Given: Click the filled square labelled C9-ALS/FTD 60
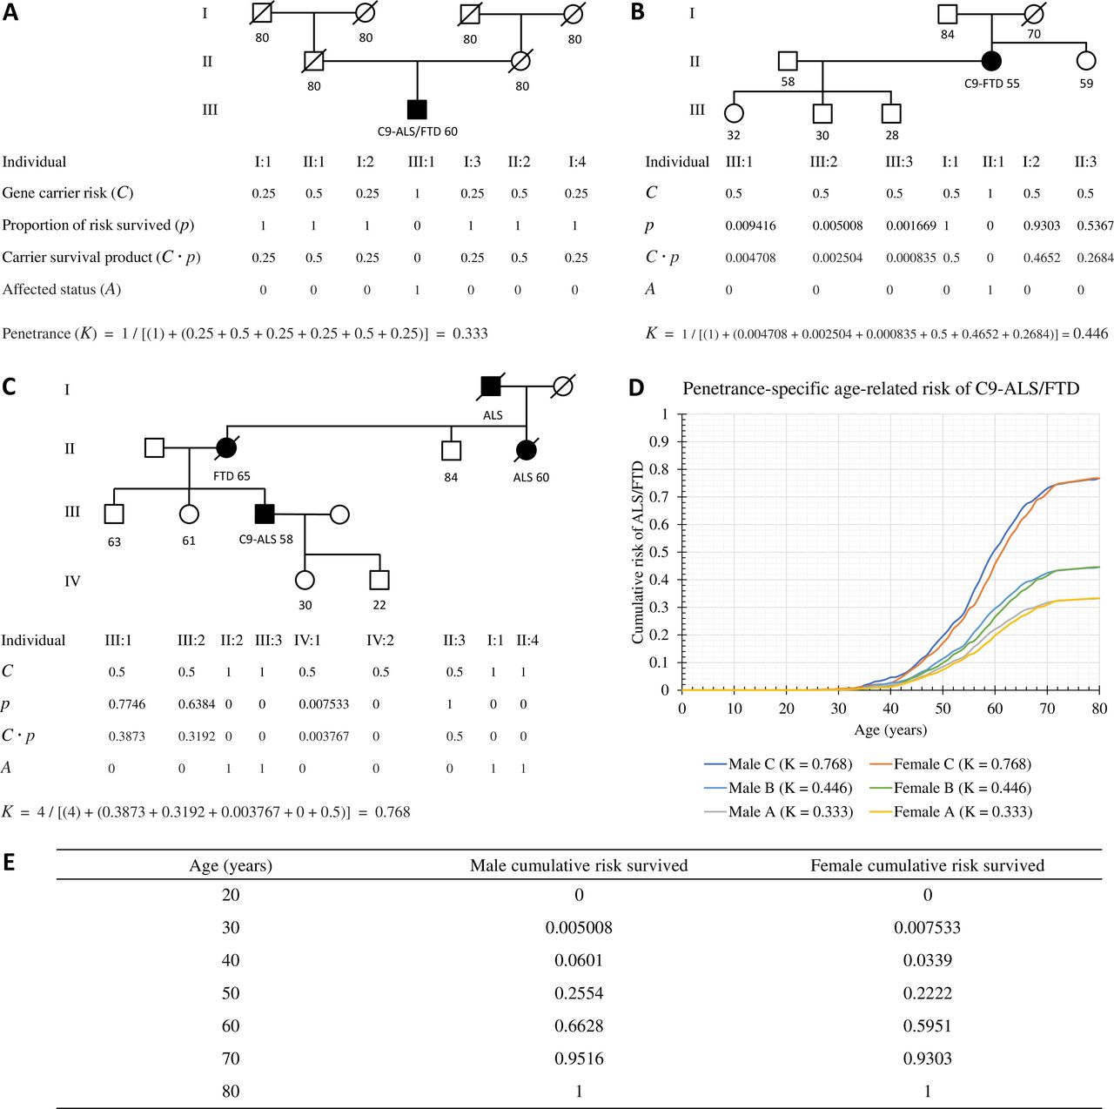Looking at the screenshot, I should point(417,109).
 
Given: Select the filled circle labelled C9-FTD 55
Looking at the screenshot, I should point(990,61).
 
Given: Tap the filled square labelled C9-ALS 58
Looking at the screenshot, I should point(265,514).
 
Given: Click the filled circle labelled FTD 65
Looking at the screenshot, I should point(226,448).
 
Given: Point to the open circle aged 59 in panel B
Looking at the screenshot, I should point(1085,61).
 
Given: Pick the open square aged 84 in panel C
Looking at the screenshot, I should point(451,450).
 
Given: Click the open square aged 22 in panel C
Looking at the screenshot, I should point(379,580).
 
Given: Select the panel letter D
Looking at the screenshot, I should point(637,387).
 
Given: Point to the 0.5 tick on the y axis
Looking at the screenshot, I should point(662,552).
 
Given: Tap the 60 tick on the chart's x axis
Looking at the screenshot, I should point(995,709).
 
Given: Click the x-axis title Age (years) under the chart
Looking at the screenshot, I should point(889,730).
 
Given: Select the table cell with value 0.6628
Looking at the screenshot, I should point(579,1026).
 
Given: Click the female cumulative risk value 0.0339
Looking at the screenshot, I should point(927,960).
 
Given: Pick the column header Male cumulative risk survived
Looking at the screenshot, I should point(579,865).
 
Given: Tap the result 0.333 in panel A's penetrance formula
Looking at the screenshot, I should point(470,333).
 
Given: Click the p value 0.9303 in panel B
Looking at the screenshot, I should point(1041,225).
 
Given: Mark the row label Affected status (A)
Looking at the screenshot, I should point(62,289).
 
